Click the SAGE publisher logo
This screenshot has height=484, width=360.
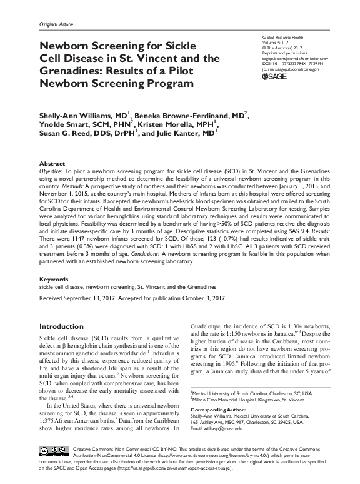point(275,76)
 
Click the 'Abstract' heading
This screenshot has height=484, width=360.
point(52,162)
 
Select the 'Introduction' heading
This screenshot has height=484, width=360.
point(62,326)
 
